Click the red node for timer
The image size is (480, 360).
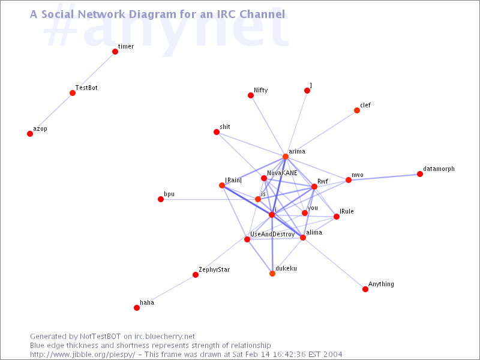point(115,52)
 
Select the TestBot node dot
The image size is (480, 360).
point(73,93)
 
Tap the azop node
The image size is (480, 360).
point(30,134)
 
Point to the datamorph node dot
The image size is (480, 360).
point(420,174)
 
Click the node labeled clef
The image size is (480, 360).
point(357,110)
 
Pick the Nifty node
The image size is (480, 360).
point(251,95)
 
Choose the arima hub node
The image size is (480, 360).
point(286,157)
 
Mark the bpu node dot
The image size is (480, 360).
point(161,199)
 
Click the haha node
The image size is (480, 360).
point(137,308)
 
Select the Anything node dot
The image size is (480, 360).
point(365,289)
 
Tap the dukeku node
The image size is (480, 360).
point(272,274)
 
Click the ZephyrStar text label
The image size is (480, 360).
point(214,269)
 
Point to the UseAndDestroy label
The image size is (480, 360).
point(272,234)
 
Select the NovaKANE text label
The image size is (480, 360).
point(282,173)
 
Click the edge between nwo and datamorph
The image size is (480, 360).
point(384,177)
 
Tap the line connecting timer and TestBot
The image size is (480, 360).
point(94,72)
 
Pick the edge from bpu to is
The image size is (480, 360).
point(209,199)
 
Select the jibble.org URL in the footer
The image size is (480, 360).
point(83,355)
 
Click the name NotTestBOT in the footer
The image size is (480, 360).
point(100,337)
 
